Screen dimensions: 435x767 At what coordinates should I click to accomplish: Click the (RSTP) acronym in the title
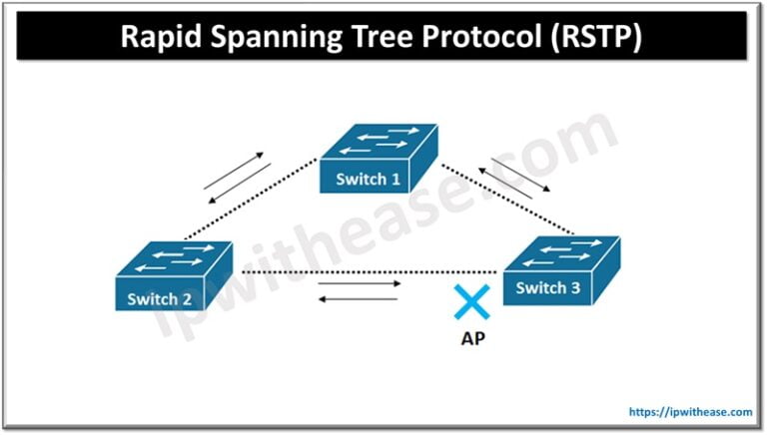click(598, 38)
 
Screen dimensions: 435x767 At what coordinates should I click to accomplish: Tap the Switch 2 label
click(160, 298)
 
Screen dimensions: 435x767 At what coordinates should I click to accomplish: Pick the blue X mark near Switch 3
click(466, 302)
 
